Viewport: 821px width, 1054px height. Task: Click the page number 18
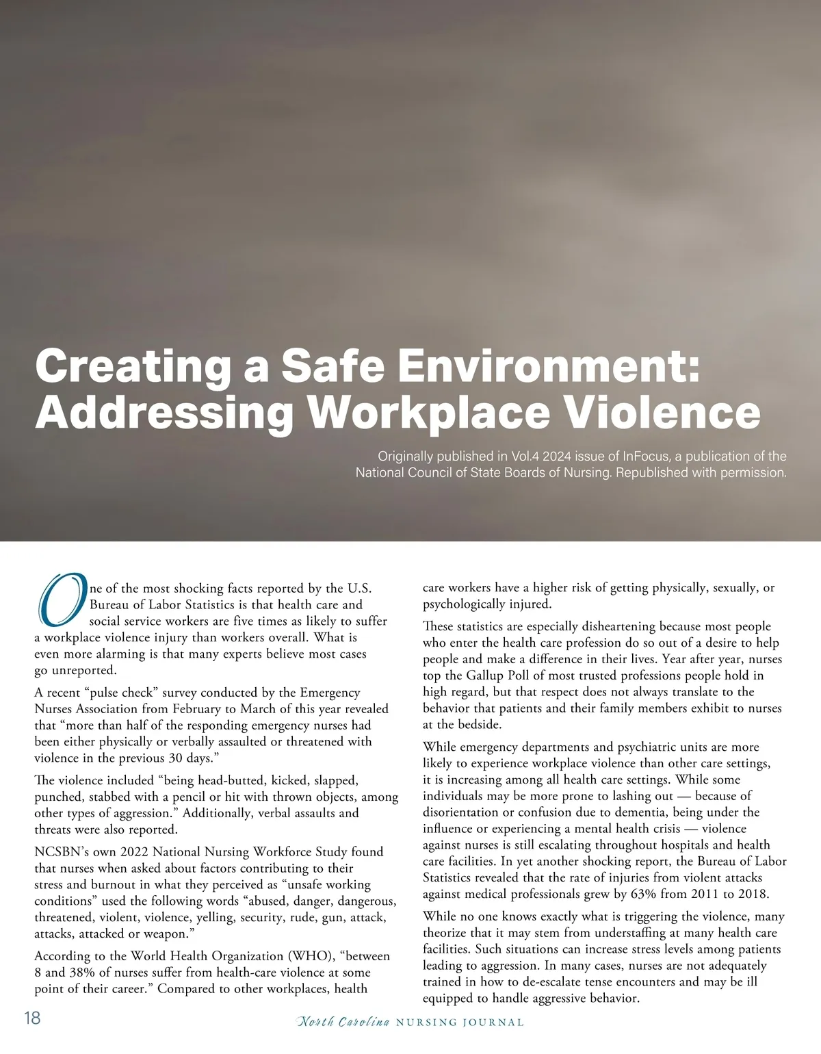[32, 1018]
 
